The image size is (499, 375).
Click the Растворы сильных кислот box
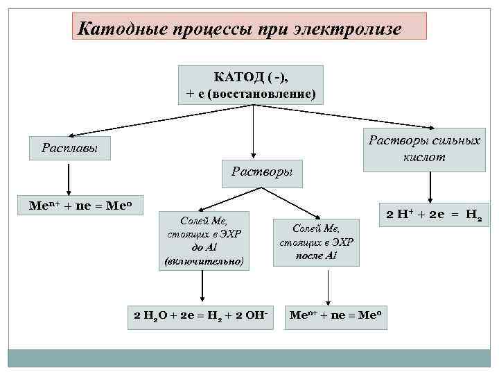[x=424, y=149]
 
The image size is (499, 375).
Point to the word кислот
[x=424, y=158]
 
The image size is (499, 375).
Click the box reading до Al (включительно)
[x=204, y=240]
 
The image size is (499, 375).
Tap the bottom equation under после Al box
[x=335, y=315]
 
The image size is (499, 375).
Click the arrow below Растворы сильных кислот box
[x=431, y=187]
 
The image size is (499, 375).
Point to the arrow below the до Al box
[x=201, y=287]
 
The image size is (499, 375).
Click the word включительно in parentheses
[x=204, y=261]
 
